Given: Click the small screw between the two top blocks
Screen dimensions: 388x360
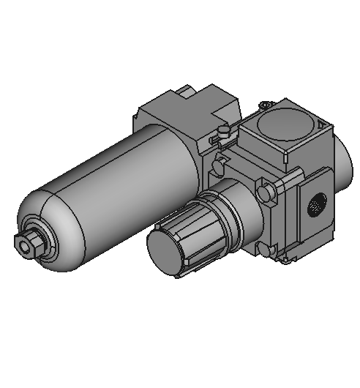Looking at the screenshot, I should click(222, 132).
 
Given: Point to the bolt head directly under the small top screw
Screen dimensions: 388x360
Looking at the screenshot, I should click(217, 165).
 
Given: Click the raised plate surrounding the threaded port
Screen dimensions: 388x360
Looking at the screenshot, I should click(311, 220).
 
